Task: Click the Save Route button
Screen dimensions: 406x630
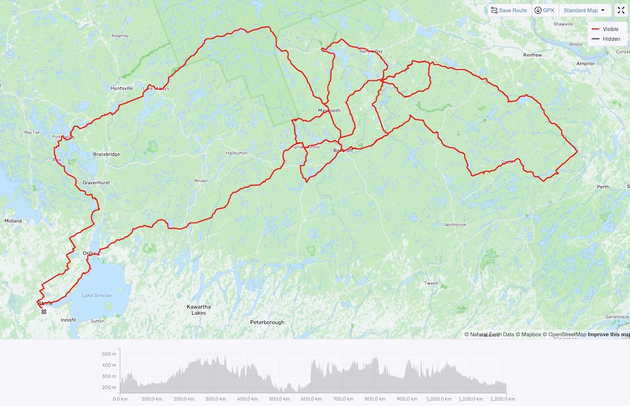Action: point(508,11)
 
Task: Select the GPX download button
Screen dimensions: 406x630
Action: point(544,11)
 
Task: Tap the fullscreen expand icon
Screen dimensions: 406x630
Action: point(621,11)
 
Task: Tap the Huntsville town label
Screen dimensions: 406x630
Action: point(122,88)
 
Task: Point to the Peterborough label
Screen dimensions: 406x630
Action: point(267,322)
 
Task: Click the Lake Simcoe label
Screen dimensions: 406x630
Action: point(96,295)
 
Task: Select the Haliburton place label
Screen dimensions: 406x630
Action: point(236,153)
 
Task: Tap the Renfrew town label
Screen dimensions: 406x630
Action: point(532,55)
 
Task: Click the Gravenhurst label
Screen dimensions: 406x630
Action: point(96,183)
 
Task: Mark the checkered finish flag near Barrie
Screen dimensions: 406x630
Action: point(43,311)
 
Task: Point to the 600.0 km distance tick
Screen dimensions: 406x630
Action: point(312,399)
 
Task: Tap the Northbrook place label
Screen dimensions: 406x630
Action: point(455,225)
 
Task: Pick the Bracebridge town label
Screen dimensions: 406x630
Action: point(106,154)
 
